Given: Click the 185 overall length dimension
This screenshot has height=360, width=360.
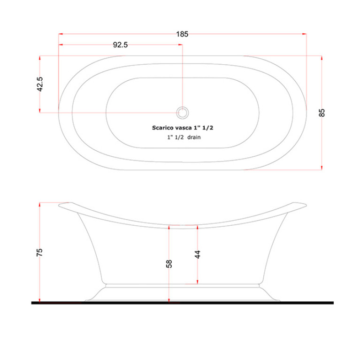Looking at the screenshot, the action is click(x=182, y=34).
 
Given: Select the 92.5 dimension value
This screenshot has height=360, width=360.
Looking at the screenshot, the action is click(x=120, y=45).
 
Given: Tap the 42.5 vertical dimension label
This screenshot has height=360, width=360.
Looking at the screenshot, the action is click(x=40, y=84).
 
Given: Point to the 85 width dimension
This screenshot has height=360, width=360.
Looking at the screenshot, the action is click(x=322, y=113).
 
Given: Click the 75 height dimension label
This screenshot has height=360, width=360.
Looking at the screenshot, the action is click(x=39, y=253).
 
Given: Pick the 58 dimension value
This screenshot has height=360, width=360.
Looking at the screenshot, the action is click(x=169, y=264).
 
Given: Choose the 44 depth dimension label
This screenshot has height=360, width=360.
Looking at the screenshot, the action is click(x=198, y=254).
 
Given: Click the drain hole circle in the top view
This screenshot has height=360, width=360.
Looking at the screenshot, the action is click(x=183, y=113).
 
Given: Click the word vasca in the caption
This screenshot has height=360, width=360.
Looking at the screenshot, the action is click(x=182, y=128).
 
